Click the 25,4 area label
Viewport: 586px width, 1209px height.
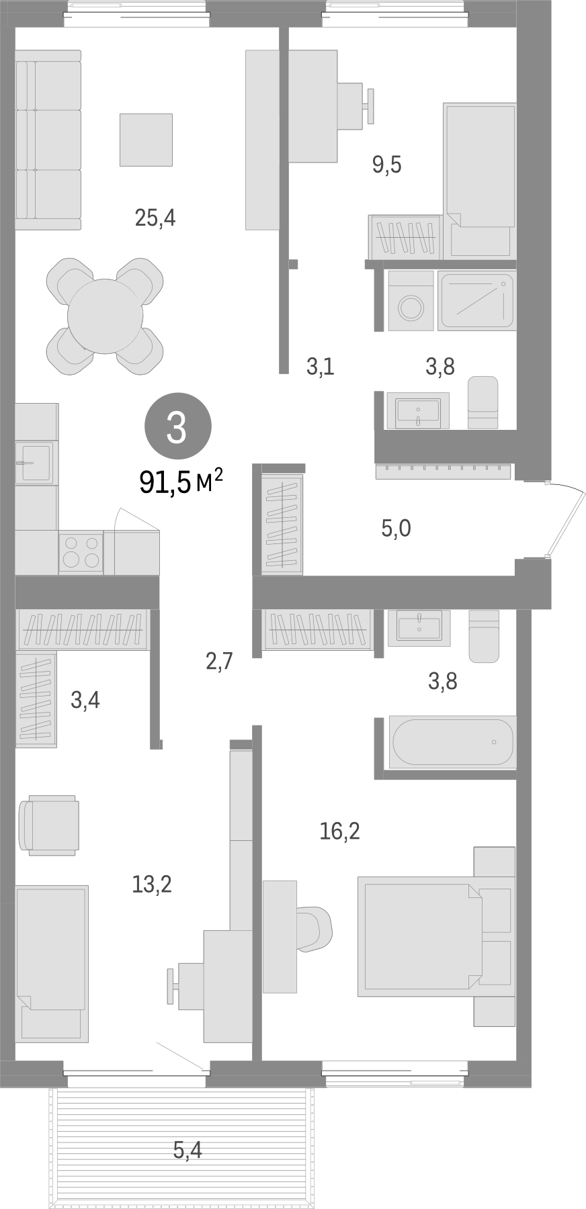(x=155, y=218)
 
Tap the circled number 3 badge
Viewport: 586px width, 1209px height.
(x=177, y=427)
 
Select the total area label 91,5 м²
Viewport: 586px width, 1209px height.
(x=181, y=482)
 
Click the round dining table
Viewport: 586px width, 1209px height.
(x=105, y=316)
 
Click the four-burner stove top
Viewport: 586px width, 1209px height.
(x=81, y=552)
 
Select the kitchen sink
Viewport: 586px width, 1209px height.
(x=34, y=461)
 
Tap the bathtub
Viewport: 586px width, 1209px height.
(x=453, y=742)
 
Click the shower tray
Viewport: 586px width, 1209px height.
(x=477, y=300)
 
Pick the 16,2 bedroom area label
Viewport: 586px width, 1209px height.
(x=339, y=832)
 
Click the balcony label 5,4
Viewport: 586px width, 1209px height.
(x=187, y=1151)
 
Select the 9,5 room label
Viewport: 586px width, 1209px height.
(x=387, y=164)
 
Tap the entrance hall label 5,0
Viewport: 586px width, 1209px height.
(x=396, y=529)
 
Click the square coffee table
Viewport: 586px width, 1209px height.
(x=146, y=140)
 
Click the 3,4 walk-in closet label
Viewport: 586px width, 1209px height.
(x=85, y=701)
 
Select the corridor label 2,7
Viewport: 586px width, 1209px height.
(x=219, y=662)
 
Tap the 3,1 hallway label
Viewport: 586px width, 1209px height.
(x=320, y=367)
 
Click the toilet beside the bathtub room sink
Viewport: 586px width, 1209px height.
(x=483, y=635)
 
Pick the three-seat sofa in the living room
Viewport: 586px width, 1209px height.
(x=48, y=140)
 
